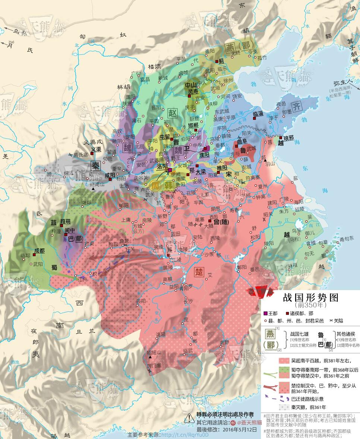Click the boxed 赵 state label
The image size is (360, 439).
[172, 113]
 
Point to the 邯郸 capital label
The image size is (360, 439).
[193, 125]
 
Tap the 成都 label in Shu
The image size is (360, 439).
[39, 251]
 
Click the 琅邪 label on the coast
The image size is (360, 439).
[289, 138]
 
